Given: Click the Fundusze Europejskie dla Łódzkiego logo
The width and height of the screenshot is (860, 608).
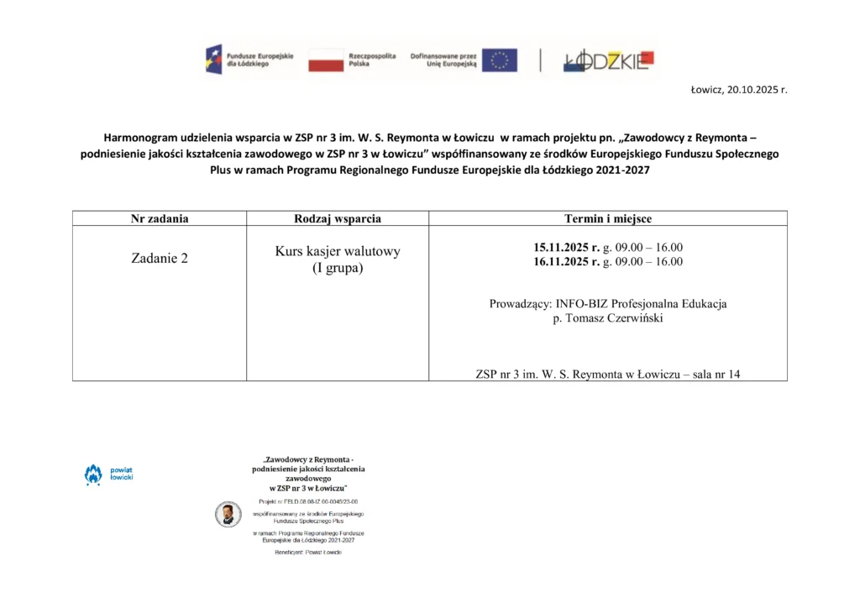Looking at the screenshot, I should pyautogui.click(x=249, y=60).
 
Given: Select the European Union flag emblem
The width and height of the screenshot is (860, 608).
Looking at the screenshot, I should pyautogui.click(x=499, y=60).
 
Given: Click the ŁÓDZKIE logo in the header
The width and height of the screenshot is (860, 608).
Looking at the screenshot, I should pyautogui.click(x=606, y=60).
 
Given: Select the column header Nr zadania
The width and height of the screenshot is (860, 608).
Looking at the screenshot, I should pyautogui.click(x=160, y=218).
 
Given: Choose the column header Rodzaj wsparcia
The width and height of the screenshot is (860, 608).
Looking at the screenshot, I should pyautogui.click(x=338, y=218).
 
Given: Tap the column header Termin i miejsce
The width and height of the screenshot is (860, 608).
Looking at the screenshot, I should pyautogui.click(x=608, y=218).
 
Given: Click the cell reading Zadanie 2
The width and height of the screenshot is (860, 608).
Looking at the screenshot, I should pyautogui.click(x=160, y=258).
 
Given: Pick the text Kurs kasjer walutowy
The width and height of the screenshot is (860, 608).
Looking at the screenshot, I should pyautogui.click(x=338, y=251).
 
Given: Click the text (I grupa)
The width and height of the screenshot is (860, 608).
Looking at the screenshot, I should pyautogui.click(x=338, y=268).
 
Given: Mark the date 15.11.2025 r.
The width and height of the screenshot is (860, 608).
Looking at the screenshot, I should pyautogui.click(x=567, y=247).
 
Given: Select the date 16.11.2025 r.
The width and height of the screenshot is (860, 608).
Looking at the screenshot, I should pyautogui.click(x=567, y=261).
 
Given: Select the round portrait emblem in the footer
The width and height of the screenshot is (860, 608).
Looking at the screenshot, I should pyautogui.click(x=227, y=514).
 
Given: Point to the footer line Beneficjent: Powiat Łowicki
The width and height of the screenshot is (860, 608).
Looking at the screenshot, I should pyautogui.click(x=308, y=552).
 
